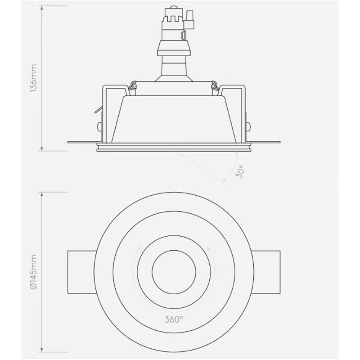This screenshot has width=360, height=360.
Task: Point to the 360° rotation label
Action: [x=174, y=321]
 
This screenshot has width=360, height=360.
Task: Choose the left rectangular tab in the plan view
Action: [x=81, y=272]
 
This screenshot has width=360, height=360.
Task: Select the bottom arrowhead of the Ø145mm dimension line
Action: [x=42, y=351]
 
